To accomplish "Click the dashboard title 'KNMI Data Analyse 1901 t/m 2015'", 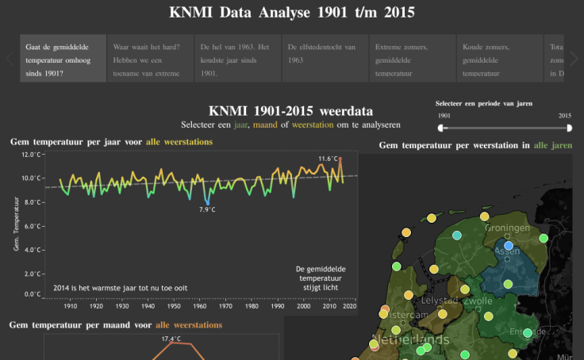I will click(292, 13).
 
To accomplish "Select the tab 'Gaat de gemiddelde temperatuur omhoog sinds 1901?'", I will click(63, 59).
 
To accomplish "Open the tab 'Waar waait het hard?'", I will click(151, 59).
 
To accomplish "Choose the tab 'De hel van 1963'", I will click(238, 59).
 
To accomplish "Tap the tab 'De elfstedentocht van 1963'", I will click(325, 59).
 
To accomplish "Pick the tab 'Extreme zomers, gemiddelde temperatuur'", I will click(413, 59).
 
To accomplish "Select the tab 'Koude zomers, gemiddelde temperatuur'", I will click(500, 59).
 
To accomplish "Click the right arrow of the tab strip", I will click(574, 59).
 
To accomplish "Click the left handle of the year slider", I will click(442, 128).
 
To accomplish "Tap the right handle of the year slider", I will click(570, 128).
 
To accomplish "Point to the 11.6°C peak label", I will click(328, 159).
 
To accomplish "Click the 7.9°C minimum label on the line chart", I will click(207, 209).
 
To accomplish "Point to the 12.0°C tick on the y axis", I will click(32, 155).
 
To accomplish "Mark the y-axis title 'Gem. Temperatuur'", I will click(16, 225).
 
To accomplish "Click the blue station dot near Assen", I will click(509, 246).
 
